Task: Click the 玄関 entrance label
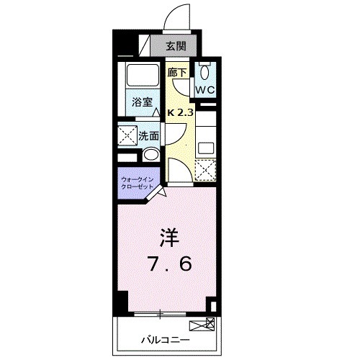pos(174,45)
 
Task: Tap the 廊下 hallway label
pos(177,73)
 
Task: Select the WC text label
pos(204,90)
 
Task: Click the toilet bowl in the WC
pos(204,72)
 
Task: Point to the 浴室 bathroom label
pos(141,102)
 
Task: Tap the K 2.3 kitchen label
pos(181,113)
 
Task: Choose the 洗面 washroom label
pos(149,135)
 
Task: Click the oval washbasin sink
pos(150,156)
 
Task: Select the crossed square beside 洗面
pos(128,135)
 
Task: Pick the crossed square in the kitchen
pos(206,170)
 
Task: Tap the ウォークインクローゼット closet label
pos(137,181)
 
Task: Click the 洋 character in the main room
pos(168,236)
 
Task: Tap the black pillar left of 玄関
pos(122,44)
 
